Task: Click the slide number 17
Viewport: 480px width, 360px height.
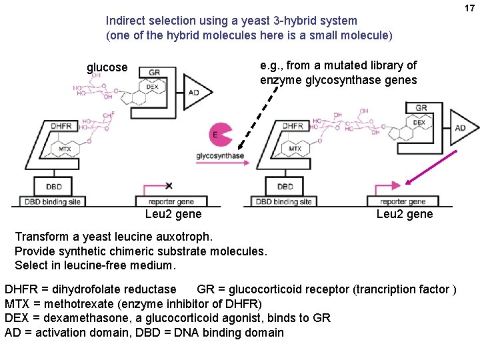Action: [469, 8]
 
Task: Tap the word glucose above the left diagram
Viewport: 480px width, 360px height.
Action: [107, 67]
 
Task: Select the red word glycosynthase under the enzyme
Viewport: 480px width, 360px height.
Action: [219, 156]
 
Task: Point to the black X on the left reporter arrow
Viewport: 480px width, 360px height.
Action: [169, 185]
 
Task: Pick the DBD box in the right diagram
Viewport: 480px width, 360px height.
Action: [285, 187]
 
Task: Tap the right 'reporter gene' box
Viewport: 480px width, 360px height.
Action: [403, 201]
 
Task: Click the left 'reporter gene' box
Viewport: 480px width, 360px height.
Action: [171, 201]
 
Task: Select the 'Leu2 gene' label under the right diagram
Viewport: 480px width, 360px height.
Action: [404, 214]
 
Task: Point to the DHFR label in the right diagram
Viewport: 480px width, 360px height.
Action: [293, 126]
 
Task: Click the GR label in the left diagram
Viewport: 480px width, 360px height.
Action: [154, 73]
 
